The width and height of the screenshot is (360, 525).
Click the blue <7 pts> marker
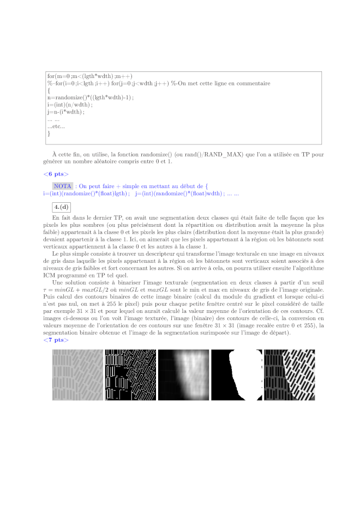click(56, 340)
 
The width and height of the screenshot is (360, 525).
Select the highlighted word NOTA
click(63, 186)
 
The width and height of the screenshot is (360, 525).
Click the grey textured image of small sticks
click(77, 375)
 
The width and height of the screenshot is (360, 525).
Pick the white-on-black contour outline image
click(130, 375)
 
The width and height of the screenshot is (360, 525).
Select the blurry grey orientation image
click(183, 375)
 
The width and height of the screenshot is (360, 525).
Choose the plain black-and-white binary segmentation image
click(236, 375)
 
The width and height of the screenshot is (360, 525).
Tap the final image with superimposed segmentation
click(289, 375)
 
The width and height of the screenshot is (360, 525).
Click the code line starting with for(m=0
click(90, 76)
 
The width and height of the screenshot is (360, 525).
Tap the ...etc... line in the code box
click(56, 126)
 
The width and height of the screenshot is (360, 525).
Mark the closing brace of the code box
click(49, 133)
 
